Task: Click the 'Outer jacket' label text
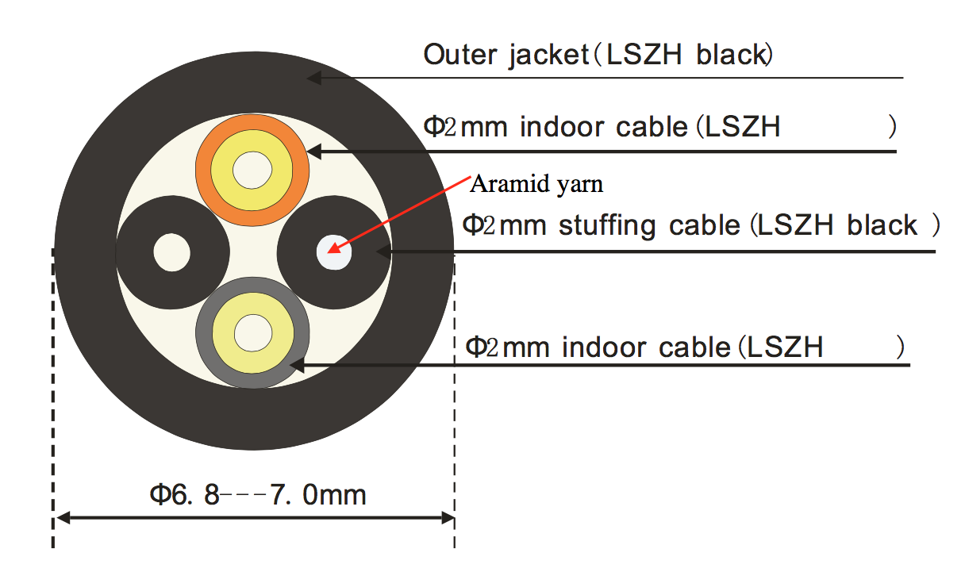point(506,55)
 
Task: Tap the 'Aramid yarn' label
point(536,184)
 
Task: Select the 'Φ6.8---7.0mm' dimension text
point(258,494)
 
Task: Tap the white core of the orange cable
point(252,170)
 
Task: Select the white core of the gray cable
point(253,333)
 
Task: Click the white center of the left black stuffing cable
point(172,252)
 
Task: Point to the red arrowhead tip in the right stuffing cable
point(328,252)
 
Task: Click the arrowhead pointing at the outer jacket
point(313,78)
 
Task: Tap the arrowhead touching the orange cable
point(313,152)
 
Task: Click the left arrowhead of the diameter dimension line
point(63,517)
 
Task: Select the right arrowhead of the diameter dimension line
point(448,517)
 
